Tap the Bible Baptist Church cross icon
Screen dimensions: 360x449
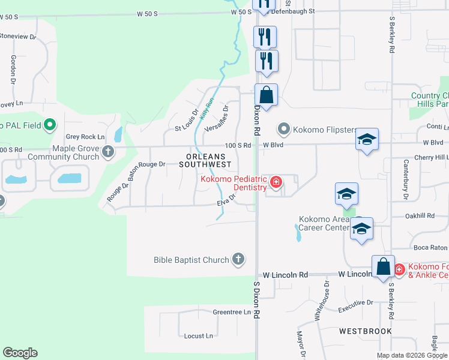coord(238,259)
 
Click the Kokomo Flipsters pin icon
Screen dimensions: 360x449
coord(283,129)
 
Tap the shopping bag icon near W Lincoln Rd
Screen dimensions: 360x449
coord(382,267)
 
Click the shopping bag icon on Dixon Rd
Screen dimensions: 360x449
coord(266,95)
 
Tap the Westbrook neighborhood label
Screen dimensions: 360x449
coord(365,331)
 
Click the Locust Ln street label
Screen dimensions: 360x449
coord(198,336)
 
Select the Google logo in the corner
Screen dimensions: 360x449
coord(20,353)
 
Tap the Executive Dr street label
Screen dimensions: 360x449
coord(355,306)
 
